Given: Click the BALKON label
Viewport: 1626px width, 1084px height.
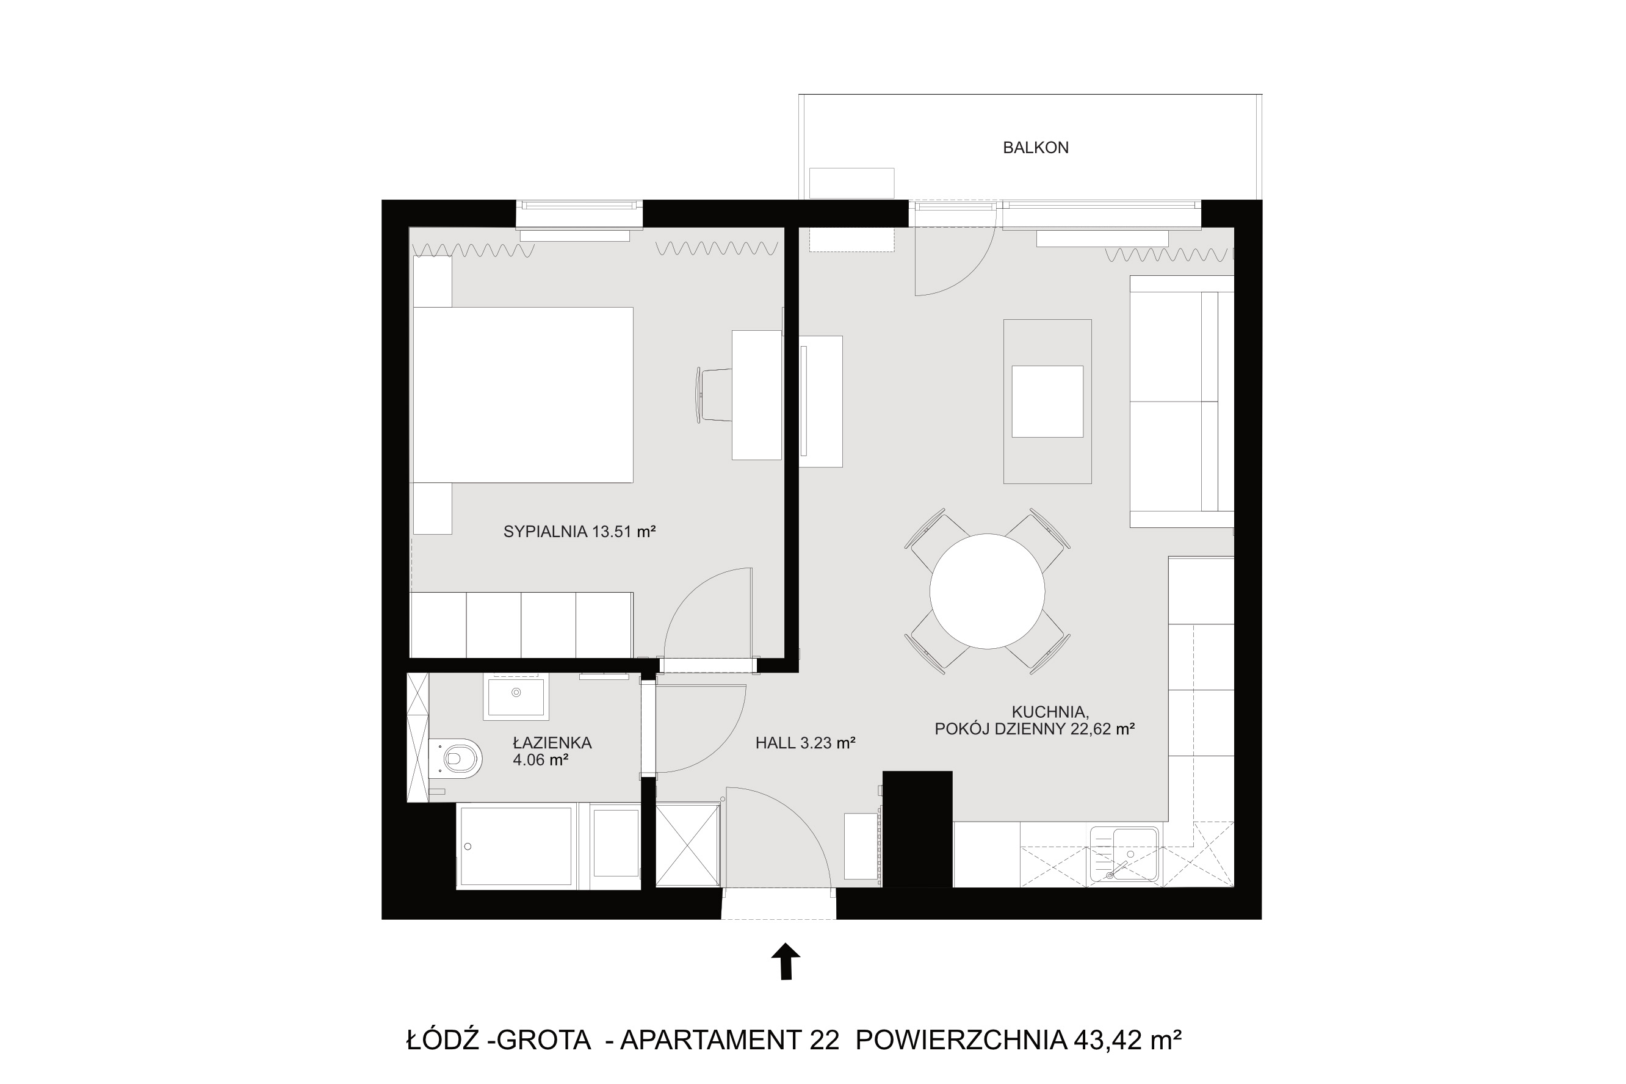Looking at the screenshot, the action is click(x=1035, y=147).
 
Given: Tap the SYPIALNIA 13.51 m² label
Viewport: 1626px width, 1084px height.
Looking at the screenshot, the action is click(x=579, y=532).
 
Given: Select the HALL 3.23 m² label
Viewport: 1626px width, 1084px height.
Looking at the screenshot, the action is click(x=806, y=743).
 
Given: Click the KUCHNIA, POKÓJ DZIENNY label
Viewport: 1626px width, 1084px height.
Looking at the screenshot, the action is click(x=1035, y=720).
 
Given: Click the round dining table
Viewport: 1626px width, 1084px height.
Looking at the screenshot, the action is click(x=986, y=591).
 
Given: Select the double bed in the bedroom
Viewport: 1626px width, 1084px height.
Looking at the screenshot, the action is click(x=522, y=395).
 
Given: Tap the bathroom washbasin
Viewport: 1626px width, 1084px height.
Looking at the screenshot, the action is click(x=516, y=697).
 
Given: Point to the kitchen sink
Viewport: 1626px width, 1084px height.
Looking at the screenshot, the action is click(x=1124, y=855).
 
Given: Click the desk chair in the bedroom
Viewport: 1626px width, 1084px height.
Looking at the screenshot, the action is click(x=714, y=395).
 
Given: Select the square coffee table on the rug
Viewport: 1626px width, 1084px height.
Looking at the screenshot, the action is click(x=1047, y=401).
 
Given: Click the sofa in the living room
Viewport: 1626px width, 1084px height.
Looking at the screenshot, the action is click(x=1182, y=401).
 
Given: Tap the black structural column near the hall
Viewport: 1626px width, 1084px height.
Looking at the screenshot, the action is click(x=917, y=828).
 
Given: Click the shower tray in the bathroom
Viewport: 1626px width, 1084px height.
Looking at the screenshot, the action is click(x=515, y=846).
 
